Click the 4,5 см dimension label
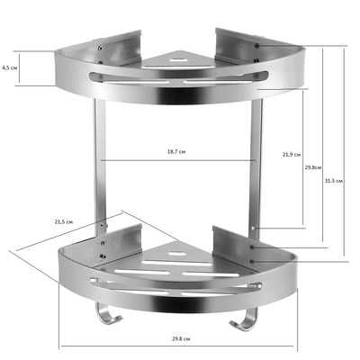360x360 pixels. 8,67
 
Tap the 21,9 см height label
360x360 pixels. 291,155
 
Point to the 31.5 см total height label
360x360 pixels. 334,181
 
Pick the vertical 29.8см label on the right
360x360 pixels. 313,167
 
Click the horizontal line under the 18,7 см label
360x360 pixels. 176,161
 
